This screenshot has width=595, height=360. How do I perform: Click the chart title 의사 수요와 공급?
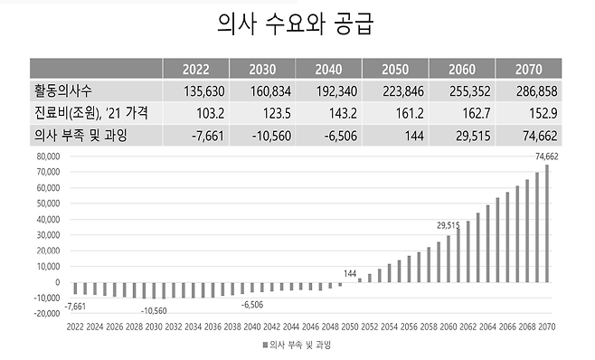point(297,24)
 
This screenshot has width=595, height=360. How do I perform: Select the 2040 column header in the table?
point(328,69)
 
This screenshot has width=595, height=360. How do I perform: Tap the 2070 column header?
point(528,69)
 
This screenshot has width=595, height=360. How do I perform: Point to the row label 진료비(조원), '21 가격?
point(91,112)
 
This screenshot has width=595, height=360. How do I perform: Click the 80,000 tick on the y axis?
point(45,156)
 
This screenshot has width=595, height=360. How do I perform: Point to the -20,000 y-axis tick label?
point(43,314)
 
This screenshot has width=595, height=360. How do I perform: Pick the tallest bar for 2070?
point(546,223)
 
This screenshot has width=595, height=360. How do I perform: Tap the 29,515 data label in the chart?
point(449,224)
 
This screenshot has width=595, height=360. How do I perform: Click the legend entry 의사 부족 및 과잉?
point(300,346)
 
